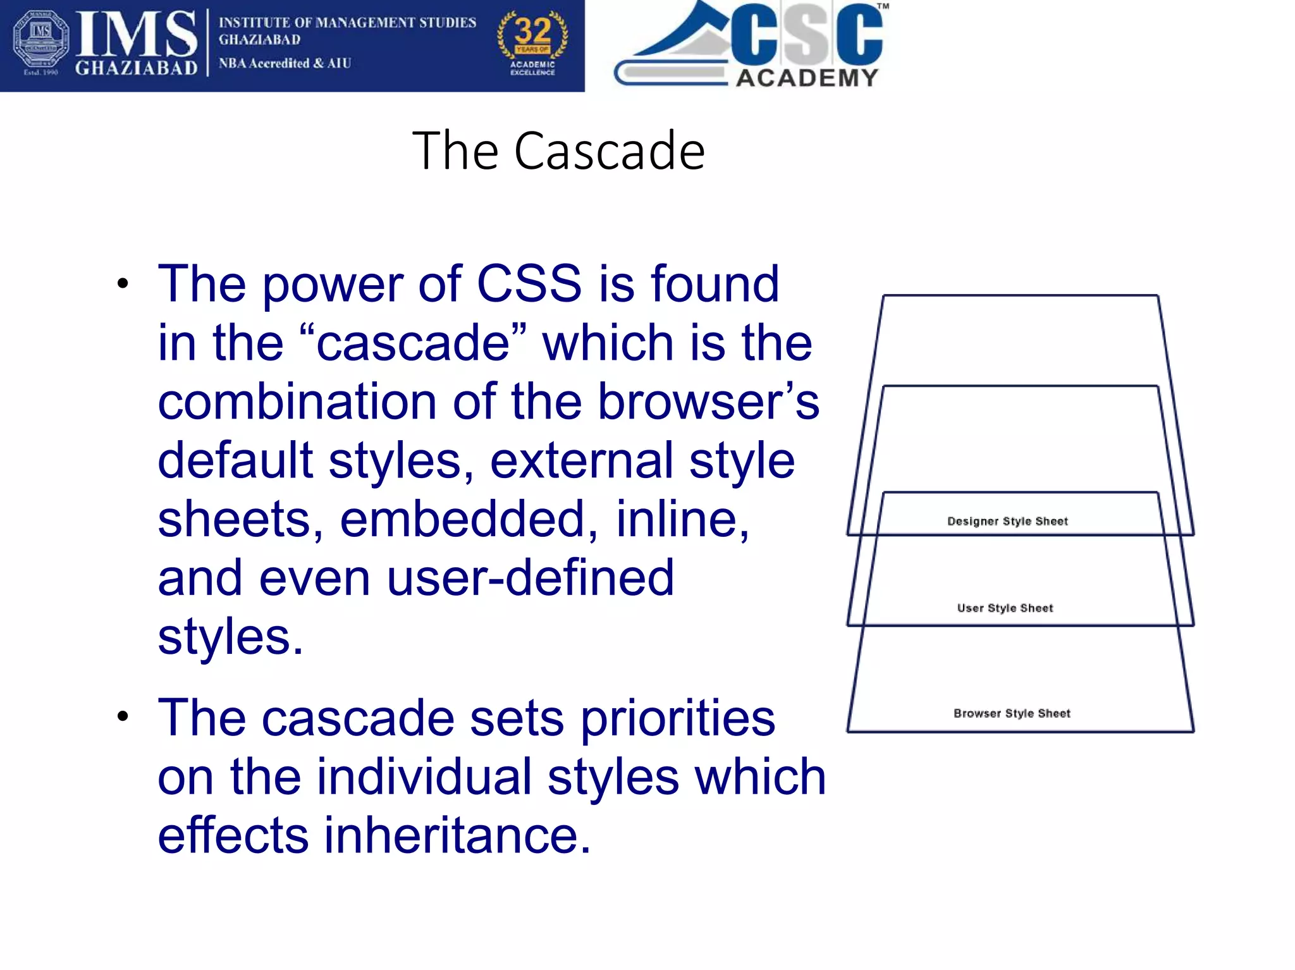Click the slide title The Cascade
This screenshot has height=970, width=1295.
pos(558,150)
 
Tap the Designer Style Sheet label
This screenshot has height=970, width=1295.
pos(1007,521)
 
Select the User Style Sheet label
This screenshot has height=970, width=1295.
pos(1005,608)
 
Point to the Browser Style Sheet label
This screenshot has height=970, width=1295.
pos(1012,713)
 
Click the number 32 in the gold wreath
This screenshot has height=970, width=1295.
pos(532,31)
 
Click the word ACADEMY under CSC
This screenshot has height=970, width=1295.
pos(807,78)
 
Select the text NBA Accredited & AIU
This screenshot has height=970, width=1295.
pos(285,63)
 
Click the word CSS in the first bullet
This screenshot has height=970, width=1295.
pos(529,284)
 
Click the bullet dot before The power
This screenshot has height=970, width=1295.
pos(123,283)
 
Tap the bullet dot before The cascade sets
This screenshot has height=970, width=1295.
pos(123,717)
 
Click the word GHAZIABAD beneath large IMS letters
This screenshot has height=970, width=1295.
pos(136,67)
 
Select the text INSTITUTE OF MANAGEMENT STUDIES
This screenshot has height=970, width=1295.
pos(347,23)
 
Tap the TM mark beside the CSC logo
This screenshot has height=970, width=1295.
pos(883,6)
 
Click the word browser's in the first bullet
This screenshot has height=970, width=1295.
pos(708,402)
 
